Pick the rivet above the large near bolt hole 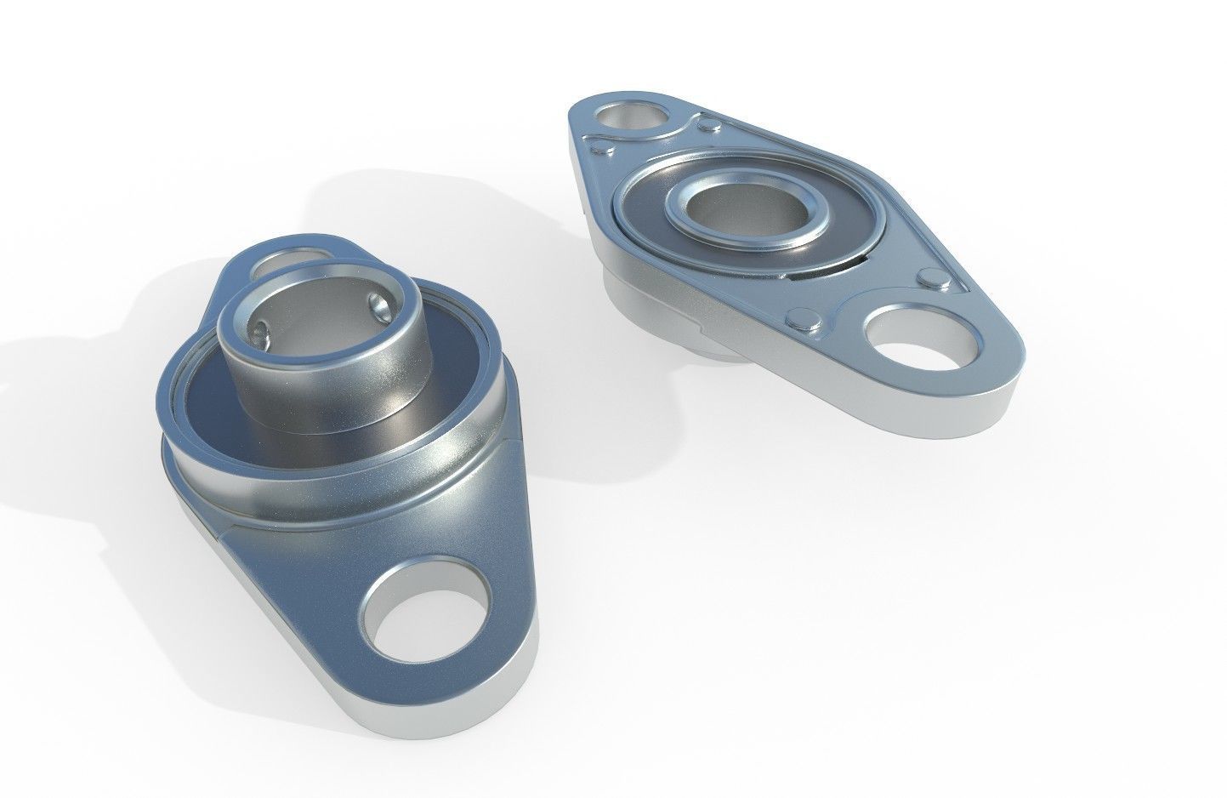click(929, 278)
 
